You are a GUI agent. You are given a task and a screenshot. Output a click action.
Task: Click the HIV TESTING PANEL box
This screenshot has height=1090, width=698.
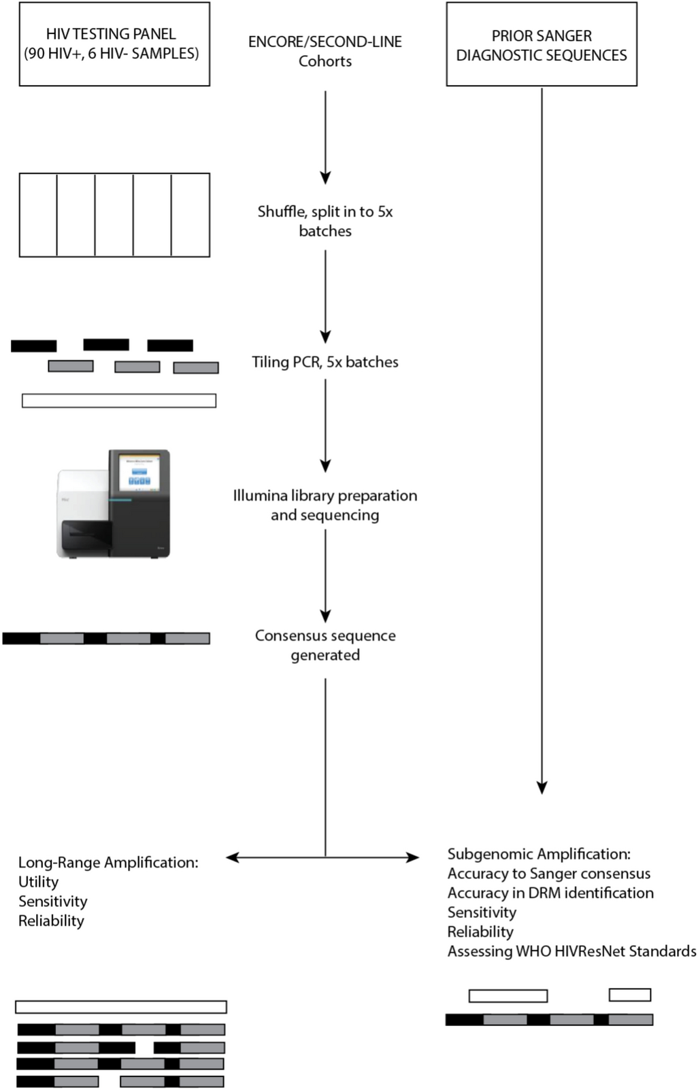[x=114, y=44]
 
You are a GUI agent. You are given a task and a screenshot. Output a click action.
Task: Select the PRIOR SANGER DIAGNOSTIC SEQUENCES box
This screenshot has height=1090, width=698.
[x=542, y=45]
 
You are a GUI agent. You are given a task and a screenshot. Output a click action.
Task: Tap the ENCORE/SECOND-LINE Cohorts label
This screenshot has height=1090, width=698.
[x=325, y=51]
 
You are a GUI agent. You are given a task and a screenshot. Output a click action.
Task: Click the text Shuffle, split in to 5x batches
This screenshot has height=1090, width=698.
[x=325, y=221]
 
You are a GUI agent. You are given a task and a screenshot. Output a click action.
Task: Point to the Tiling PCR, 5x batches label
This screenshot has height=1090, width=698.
[x=325, y=362]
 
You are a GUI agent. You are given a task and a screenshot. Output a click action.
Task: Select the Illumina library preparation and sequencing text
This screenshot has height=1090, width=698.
[x=325, y=505]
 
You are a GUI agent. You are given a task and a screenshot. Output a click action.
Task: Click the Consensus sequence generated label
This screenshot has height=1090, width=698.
[x=325, y=645]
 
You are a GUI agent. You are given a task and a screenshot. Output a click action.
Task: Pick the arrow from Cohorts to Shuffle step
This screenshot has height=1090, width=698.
[x=325, y=136]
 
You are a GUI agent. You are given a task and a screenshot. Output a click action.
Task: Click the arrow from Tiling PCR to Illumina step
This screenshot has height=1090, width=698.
[x=325, y=425]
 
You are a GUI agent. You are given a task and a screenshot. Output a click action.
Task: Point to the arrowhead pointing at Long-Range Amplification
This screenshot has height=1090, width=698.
[x=232, y=857]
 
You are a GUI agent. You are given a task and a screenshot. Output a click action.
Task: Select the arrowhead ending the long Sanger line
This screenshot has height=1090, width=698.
[x=542, y=788]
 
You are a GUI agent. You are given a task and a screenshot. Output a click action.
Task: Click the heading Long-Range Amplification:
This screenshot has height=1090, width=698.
[x=108, y=862]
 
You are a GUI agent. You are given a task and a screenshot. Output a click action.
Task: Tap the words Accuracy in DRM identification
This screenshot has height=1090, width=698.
[x=550, y=893]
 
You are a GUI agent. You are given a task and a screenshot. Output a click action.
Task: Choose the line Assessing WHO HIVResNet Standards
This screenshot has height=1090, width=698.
[x=571, y=951]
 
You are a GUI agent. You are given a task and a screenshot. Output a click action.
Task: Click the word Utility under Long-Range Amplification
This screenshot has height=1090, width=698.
[x=38, y=882]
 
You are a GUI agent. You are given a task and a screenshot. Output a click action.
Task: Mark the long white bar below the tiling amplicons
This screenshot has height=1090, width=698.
[x=119, y=401]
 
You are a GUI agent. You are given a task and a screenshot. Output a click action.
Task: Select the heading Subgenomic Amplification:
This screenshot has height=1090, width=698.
[x=539, y=854]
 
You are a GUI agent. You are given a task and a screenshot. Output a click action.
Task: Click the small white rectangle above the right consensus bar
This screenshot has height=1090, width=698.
[x=630, y=995]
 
